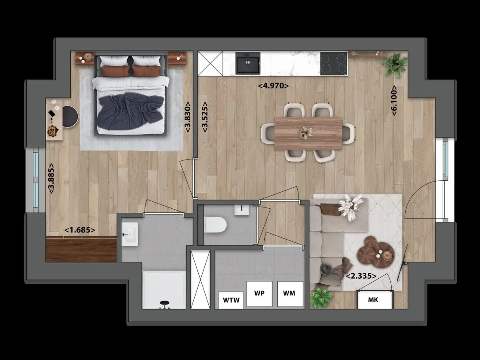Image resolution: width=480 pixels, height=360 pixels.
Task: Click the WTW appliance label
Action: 231,300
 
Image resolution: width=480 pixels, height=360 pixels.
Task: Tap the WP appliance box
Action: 259,294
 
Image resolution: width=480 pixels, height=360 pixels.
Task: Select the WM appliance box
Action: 290,294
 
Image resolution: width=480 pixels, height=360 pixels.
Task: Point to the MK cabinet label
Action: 373,300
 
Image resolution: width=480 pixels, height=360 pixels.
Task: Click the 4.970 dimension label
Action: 273,86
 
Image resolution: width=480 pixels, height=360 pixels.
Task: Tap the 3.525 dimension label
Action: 204,117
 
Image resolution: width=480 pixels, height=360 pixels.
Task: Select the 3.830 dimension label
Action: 187,117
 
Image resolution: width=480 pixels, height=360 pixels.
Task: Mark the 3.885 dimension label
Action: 51,178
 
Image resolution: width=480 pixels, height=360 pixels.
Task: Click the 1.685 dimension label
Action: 80,230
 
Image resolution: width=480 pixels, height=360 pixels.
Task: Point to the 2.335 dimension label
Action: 361,276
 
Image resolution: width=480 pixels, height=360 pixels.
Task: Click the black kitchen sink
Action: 247,63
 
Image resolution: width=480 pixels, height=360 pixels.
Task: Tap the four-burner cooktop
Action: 334,63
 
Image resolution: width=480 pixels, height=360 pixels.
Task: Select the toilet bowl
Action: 215,225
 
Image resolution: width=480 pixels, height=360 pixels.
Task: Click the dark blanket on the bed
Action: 130,111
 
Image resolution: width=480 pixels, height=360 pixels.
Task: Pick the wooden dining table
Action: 308,133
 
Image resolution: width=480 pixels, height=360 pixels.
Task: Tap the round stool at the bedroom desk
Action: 70,116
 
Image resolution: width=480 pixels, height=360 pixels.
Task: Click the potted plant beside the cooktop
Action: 395,65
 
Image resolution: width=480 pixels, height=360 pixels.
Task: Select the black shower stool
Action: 165,304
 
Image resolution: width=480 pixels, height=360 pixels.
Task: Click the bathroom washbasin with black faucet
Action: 130,234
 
